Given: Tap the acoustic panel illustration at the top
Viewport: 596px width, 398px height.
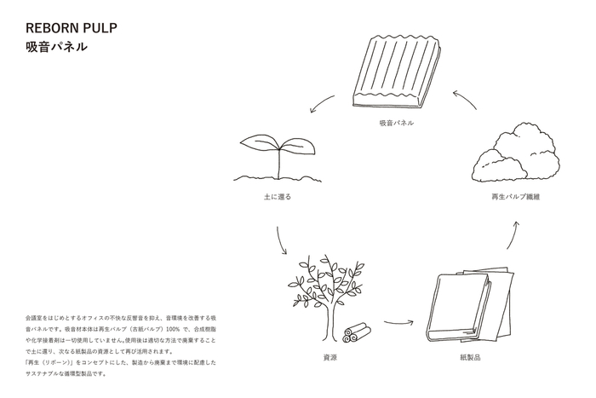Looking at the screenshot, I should (x=396, y=74).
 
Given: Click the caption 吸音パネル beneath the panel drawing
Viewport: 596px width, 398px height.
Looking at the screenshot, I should (x=396, y=124).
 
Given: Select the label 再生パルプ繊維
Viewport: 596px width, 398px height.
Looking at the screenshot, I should (x=516, y=197).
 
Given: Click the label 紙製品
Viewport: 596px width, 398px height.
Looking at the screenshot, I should (x=470, y=358).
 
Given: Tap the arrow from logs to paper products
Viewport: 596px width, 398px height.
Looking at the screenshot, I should (x=398, y=323).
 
